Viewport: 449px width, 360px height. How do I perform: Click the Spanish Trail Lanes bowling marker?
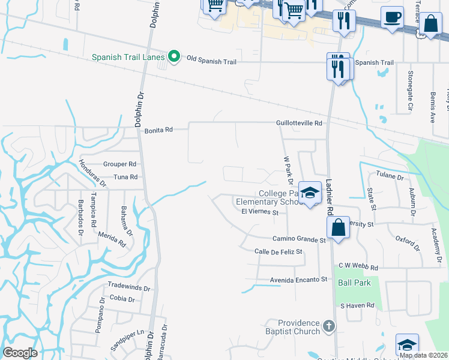point(174,57)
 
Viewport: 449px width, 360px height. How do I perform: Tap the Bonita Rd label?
point(158,130)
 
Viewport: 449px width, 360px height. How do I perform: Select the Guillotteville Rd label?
point(299,122)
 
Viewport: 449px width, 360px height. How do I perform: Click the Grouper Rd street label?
point(120,164)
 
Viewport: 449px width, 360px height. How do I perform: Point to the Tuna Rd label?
point(125,177)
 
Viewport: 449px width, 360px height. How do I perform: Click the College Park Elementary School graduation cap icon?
point(310,193)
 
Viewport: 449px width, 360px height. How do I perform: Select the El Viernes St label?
point(260,212)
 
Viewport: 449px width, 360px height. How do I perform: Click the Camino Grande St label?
point(298,239)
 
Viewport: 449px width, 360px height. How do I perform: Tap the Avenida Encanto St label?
point(298,279)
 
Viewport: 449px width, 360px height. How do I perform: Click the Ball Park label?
point(354,283)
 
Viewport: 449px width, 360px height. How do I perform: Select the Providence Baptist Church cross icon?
point(328,326)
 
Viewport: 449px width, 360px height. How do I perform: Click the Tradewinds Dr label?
point(128,287)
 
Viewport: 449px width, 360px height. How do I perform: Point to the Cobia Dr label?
point(122,299)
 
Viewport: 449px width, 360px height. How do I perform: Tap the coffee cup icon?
point(392,17)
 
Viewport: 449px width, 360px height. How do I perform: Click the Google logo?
point(20,353)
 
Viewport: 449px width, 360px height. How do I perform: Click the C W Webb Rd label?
point(358,267)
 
